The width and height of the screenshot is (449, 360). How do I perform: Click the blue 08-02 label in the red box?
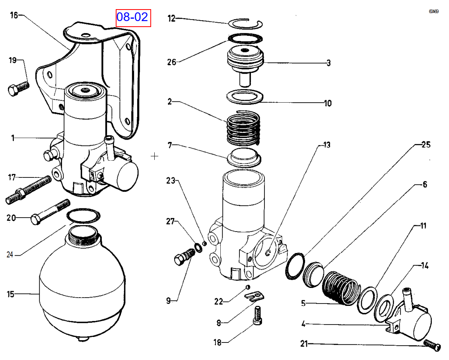133,18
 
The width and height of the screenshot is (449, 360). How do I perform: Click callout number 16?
14,16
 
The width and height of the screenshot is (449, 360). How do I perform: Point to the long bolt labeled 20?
48,213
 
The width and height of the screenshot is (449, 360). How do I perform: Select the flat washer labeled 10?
245,96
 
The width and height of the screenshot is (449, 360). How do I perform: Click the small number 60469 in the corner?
433,12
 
